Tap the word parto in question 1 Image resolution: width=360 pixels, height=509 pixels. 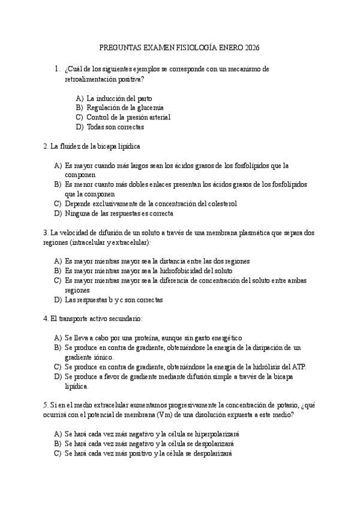[143, 98]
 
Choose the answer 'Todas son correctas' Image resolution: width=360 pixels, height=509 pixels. [115, 127]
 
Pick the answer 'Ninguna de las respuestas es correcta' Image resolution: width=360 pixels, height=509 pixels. [119, 213]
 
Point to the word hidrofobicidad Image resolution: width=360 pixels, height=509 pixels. [179, 271]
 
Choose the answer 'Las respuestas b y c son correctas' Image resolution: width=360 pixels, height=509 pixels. [113, 300]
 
